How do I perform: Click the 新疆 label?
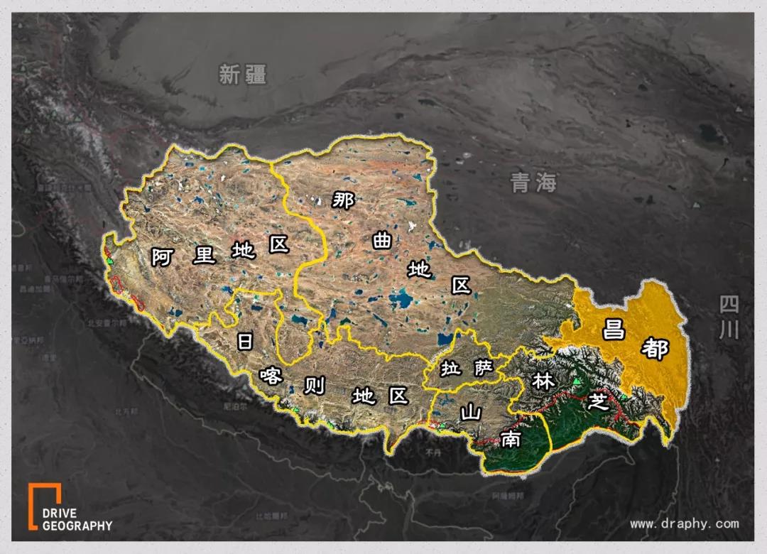coord(242,74)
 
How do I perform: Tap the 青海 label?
coord(533,183)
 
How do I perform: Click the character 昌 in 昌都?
coord(615,330)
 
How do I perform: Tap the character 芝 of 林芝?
coord(599,402)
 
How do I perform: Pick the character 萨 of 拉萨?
coord(483,367)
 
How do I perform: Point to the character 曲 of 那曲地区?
coord(382,241)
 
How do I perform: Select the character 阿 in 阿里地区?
coord(163,256)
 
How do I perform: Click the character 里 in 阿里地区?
coord(205,254)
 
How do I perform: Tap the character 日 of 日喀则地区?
coord(245,342)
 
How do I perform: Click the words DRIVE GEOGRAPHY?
coord(77,520)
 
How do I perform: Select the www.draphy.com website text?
coord(684,524)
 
